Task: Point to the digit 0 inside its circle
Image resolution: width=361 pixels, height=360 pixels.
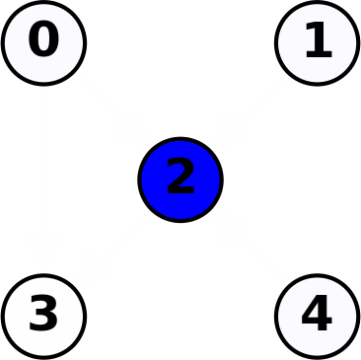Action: (x=43, y=41)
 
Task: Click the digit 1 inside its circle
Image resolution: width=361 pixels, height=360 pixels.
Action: (x=318, y=41)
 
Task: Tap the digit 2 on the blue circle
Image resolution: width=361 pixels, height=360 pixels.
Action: (x=180, y=179)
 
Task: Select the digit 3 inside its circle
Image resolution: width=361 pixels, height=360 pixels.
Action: (x=43, y=316)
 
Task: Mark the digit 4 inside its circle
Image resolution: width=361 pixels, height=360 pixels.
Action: (x=316, y=316)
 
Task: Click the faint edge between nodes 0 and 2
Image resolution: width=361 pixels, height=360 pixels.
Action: (x=112, y=111)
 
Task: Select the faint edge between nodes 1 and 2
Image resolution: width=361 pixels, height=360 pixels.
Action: (x=249, y=111)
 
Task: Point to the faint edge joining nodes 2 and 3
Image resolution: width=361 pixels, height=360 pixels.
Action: (x=112, y=248)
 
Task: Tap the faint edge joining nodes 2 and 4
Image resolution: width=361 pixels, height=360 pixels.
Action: (x=249, y=248)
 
